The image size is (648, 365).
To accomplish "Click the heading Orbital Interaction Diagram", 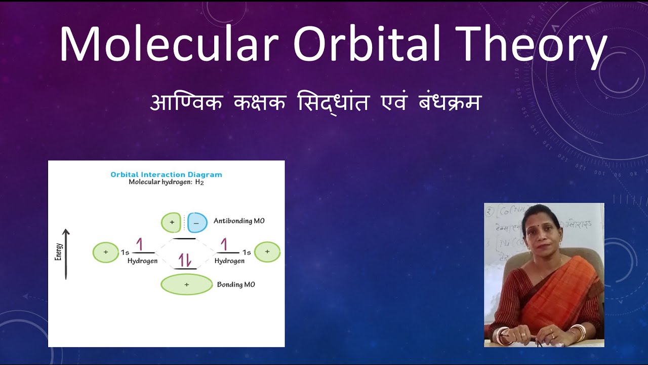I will (x=166, y=174).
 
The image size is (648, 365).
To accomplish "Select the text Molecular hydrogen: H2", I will (x=166, y=182).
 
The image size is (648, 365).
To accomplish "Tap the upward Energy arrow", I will (x=66, y=253).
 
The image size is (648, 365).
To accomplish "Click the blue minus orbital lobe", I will (x=197, y=222).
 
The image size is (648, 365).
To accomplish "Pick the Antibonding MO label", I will (x=239, y=221).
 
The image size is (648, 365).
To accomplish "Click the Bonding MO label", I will (x=236, y=284).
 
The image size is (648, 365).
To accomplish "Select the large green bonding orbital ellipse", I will (x=186, y=284).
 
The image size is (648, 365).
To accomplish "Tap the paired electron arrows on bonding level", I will (x=185, y=260).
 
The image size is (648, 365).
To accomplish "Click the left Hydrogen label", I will (x=142, y=261).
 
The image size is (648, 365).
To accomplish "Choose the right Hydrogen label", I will (x=229, y=261).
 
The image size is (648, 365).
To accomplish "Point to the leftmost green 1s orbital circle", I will (x=105, y=252).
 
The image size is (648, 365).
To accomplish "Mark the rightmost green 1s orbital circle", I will (x=267, y=251).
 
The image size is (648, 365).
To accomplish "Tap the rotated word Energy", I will (x=58, y=251).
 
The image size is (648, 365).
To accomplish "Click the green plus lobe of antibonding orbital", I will (x=171, y=222).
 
